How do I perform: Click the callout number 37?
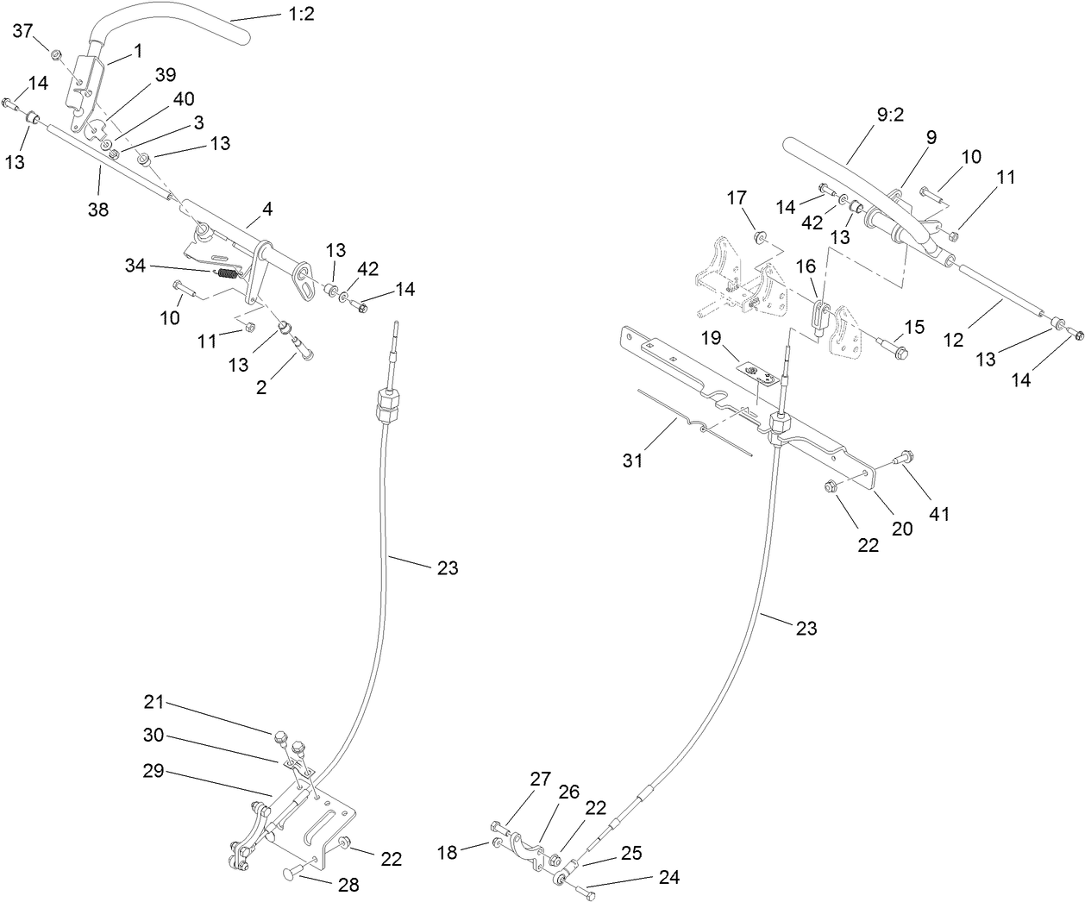[23, 31]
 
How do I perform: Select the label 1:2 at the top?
[303, 16]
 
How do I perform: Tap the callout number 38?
[98, 208]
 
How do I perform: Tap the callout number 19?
[710, 339]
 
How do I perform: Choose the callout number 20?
[901, 529]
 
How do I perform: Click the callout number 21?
[154, 703]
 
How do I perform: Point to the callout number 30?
[154, 735]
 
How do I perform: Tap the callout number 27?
[540, 780]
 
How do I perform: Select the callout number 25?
[631, 852]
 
